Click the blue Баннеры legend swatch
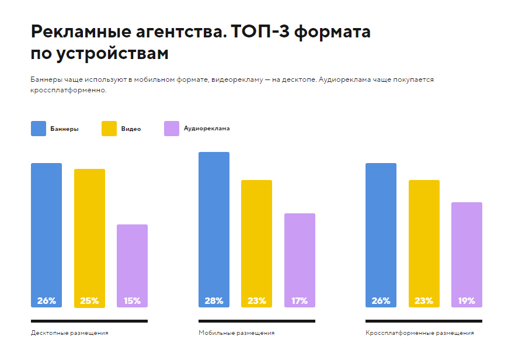(38, 129)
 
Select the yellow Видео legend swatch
(109, 129)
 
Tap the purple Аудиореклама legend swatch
(172, 129)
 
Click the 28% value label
(214, 301)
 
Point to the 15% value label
(132, 301)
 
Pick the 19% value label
(467, 301)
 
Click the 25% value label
(89, 301)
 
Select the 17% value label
(300, 301)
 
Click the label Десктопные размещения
(69, 333)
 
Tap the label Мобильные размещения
(236, 333)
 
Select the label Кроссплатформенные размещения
(420, 333)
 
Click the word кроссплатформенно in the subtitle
(68, 91)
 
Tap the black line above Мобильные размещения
(256, 321)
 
